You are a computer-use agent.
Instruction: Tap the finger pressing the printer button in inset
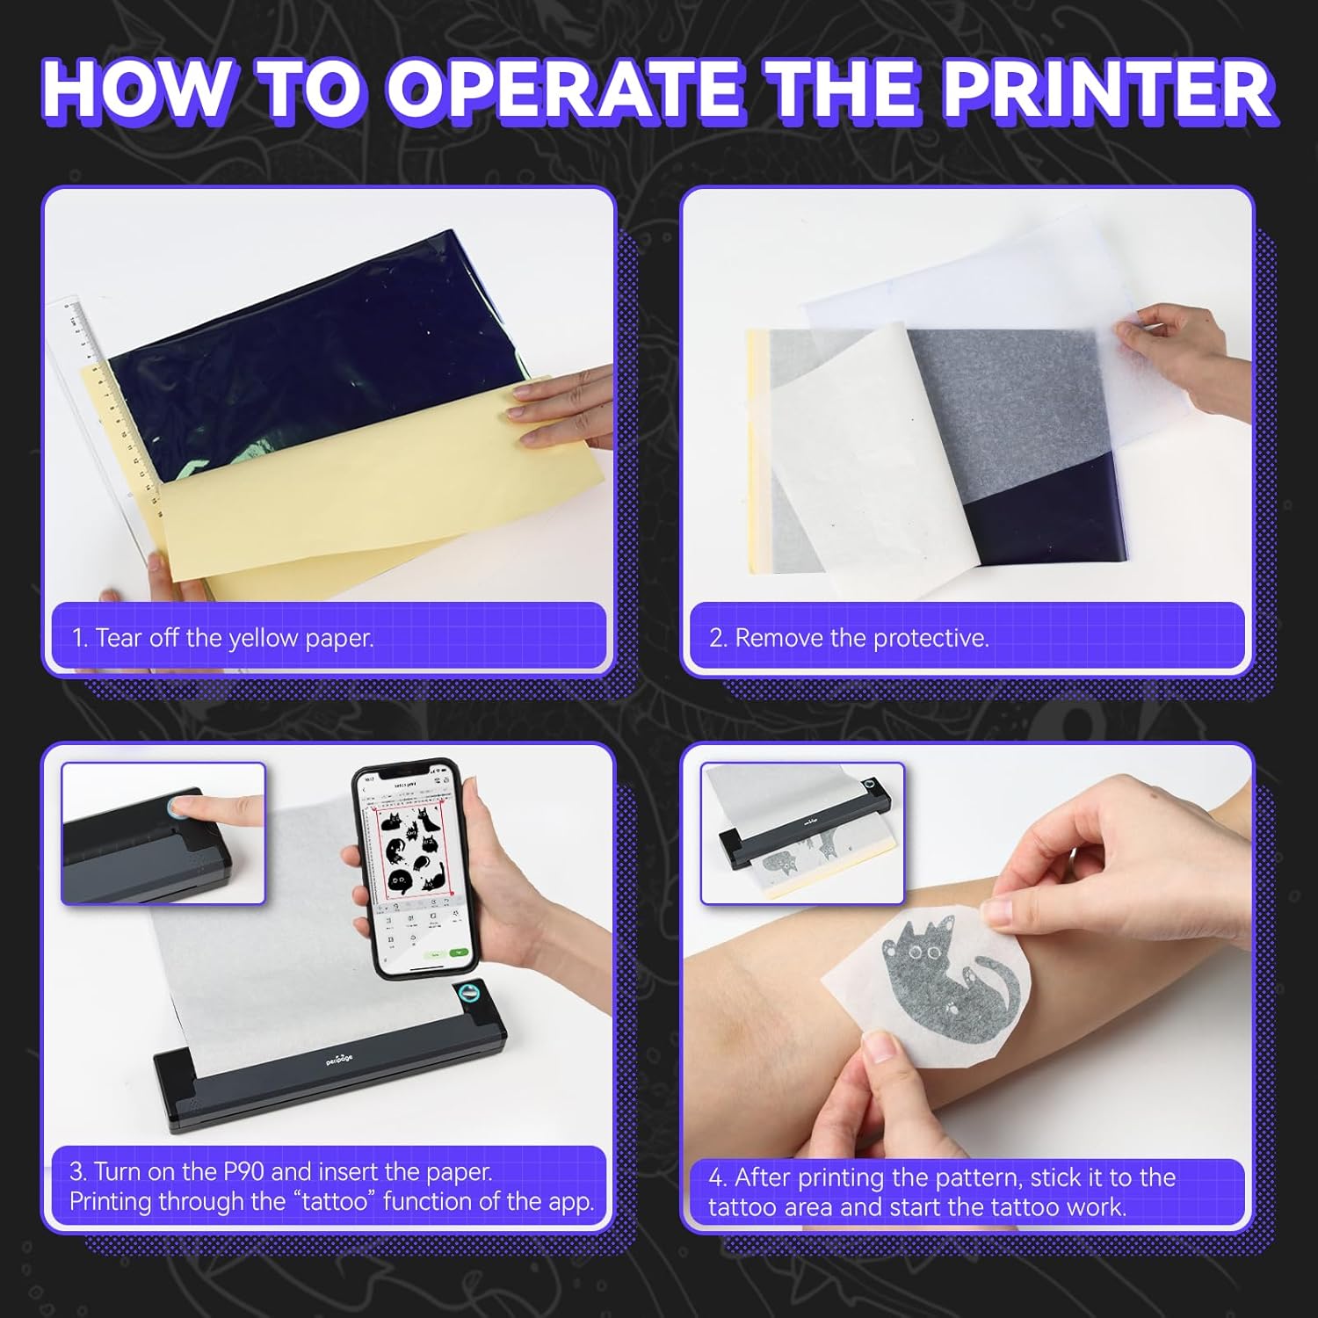tap(211, 808)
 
